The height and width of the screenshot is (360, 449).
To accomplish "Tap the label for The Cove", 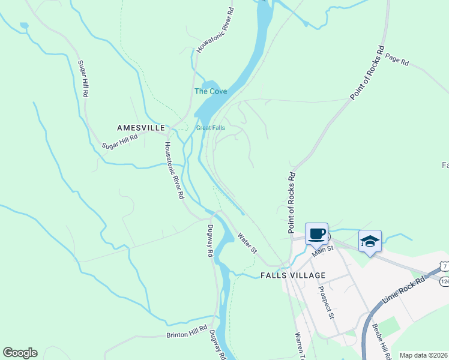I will click(210, 92).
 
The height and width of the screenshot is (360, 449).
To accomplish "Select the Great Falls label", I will click(210, 128).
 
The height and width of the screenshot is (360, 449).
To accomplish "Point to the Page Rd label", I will click(397, 60).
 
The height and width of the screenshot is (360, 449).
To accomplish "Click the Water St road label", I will click(246, 242).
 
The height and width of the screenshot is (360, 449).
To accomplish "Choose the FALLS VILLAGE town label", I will click(293, 275).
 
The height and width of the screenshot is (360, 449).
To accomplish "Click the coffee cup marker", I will click(316, 233).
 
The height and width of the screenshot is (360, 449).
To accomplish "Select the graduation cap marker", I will click(370, 241).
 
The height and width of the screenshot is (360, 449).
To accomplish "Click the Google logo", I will click(20, 353).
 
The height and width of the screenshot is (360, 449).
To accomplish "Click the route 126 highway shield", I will click(444, 281).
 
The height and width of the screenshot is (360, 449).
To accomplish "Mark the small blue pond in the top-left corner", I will click(23, 26).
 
